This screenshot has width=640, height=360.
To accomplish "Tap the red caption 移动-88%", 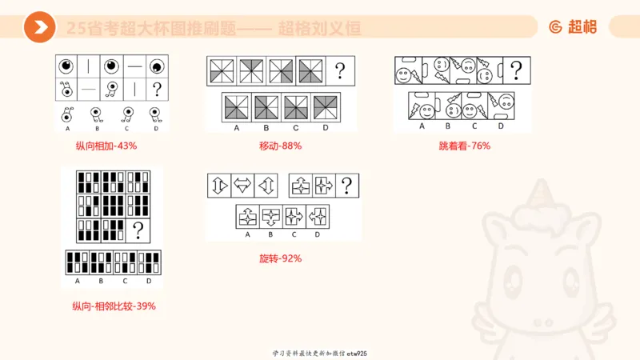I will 280,146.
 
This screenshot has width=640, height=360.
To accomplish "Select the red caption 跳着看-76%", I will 464,146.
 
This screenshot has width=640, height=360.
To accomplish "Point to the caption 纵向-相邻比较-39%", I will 114,306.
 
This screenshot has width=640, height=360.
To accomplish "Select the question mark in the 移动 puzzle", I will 341,70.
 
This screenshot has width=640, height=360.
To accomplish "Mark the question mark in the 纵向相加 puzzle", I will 157,89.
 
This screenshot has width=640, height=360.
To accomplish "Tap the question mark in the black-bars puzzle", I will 138,230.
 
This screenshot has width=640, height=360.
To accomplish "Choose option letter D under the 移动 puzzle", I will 326,128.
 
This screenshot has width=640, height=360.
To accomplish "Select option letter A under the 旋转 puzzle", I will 247,234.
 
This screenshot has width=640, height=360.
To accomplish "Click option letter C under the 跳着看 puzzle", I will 474,126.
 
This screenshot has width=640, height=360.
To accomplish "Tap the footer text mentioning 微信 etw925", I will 319,353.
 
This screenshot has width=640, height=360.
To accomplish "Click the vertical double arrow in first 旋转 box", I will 218,186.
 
